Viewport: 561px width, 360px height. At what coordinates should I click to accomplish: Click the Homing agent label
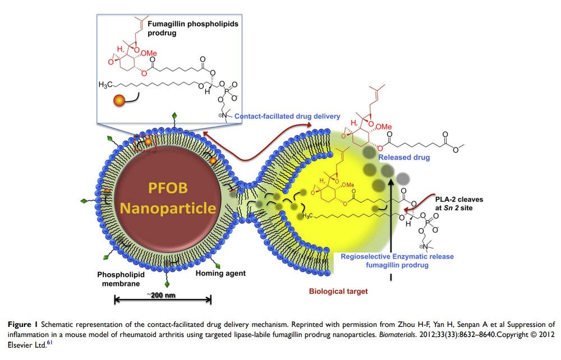pyautogui.click(x=220, y=274)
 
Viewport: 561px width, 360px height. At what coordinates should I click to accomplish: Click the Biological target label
pyautogui.click(x=338, y=292)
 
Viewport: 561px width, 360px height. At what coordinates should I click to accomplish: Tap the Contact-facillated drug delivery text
pyautogui.click(x=288, y=117)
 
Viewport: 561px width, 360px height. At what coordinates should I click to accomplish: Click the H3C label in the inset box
pyautogui.click(x=107, y=85)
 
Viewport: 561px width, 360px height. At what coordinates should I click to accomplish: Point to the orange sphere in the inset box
pyautogui.click(x=119, y=101)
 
